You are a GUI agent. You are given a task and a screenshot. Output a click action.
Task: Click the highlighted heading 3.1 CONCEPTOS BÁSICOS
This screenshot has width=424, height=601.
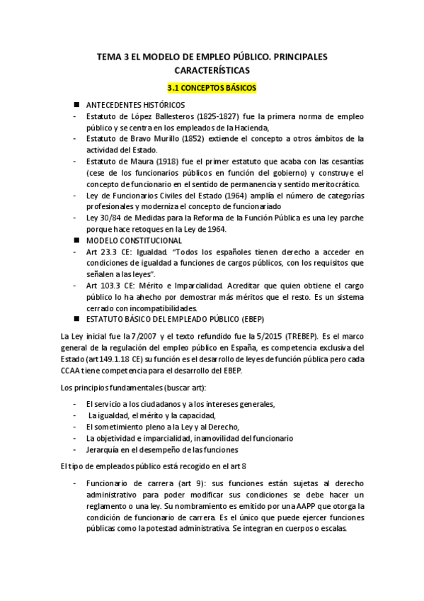211,89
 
